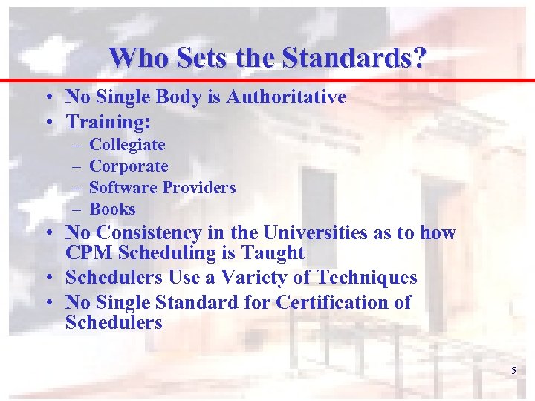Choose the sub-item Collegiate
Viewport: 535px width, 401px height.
click(x=127, y=145)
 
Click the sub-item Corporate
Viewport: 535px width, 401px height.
click(x=129, y=166)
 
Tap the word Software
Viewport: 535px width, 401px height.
click(x=123, y=188)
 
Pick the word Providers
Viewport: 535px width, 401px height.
click(x=198, y=188)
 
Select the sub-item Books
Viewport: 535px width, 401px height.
click(x=112, y=209)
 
